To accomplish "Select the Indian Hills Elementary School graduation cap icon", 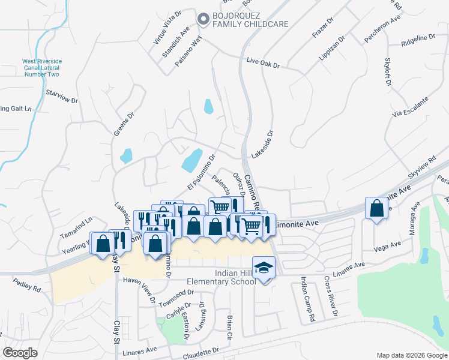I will click(x=262, y=267).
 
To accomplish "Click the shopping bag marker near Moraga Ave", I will click(x=376, y=209).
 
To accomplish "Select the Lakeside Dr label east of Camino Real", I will click(x=263, y=145).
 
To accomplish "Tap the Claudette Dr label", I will click(x=205, y=352).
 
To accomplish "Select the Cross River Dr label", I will click(x=330, y=296).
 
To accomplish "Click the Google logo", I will click(x=20, y=353).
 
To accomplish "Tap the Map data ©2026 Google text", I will click(x=411, y=355).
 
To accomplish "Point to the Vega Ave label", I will click(x=387, y=246).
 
